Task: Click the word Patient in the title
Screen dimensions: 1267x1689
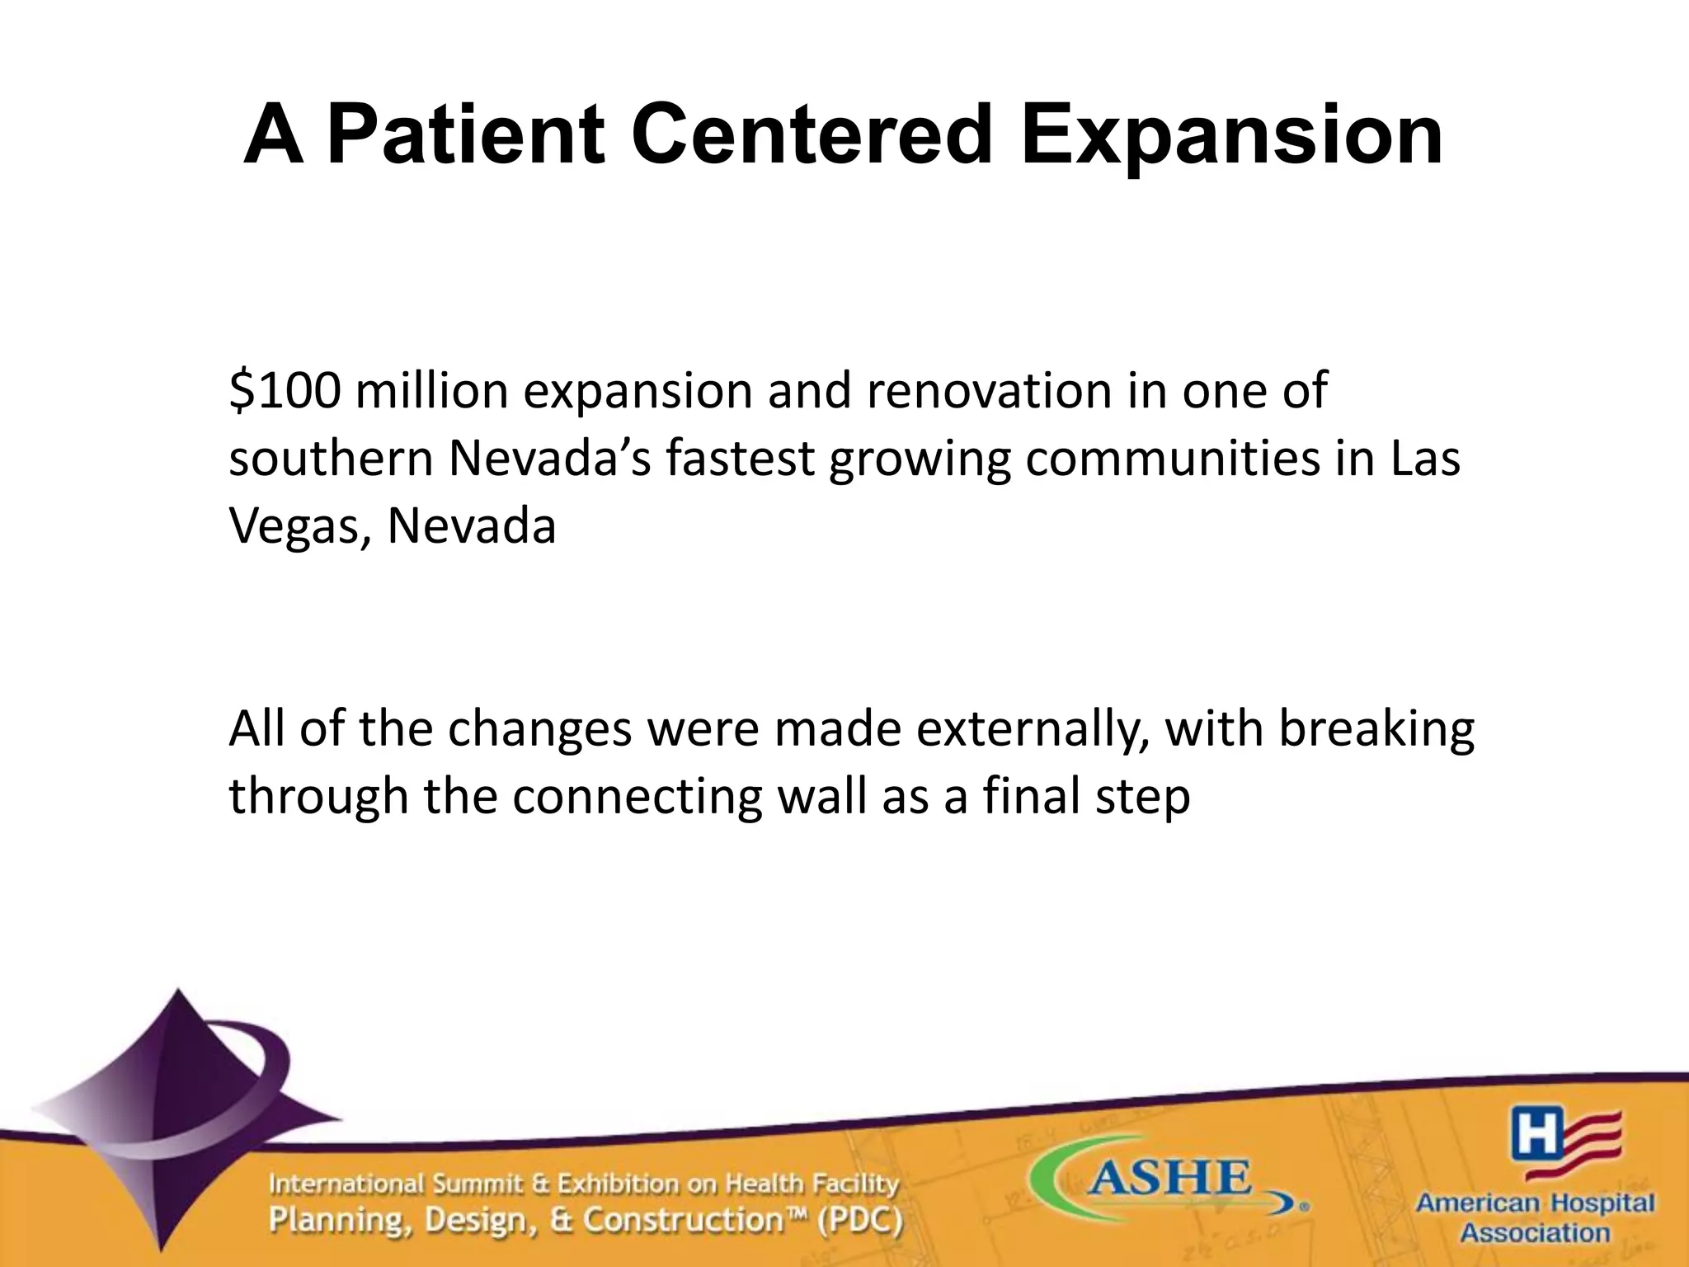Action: click(465, 135)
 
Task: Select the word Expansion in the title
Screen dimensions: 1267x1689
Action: click(1231, 135)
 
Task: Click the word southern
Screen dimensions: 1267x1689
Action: click(331, 459)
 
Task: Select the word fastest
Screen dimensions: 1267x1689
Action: click(740, 459)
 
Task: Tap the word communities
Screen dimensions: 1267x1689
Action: click(1173, 459)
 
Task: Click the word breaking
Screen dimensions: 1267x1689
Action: click(1376, 729)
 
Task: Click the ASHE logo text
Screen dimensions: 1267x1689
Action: click(1169, 1178)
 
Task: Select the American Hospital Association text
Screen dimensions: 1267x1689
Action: click(1535, 1218)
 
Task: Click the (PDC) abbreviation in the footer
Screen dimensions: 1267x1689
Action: click(860, 1220)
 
